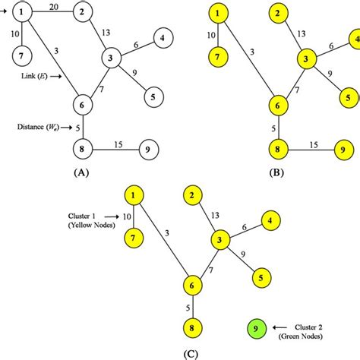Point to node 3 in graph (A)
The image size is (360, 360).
click(x=112, y=58)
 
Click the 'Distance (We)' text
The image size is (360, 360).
click(x=37, y=127)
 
